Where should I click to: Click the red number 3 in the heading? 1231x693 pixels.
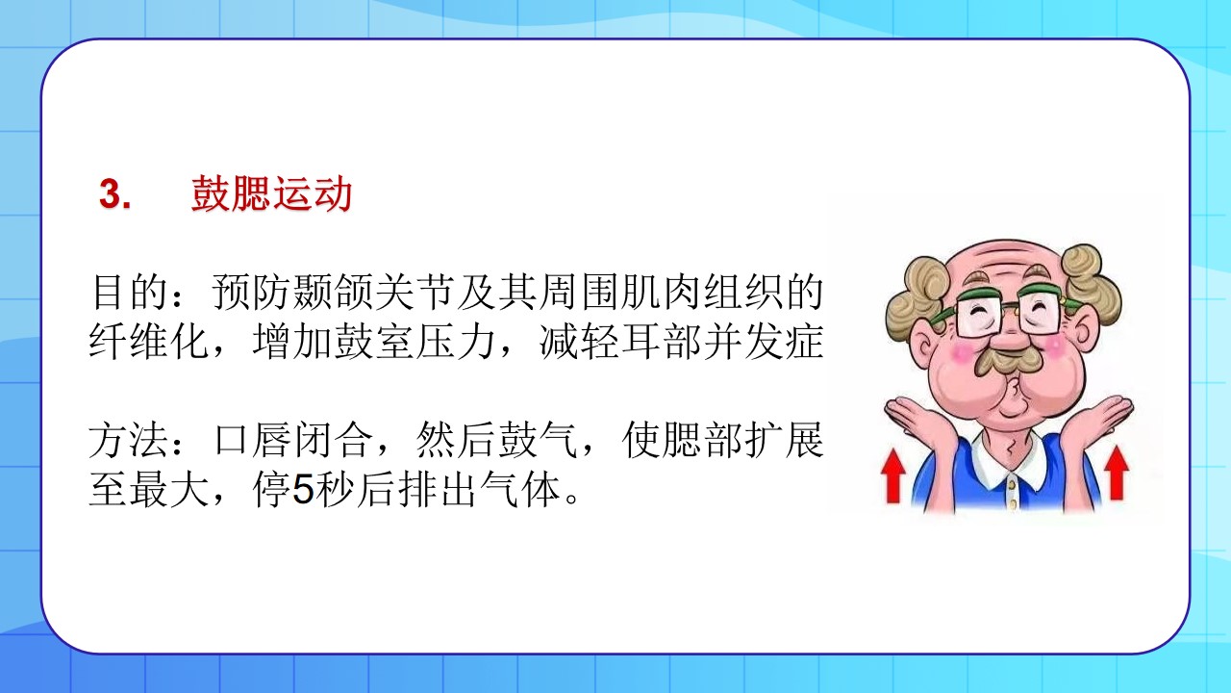tap(112, 194)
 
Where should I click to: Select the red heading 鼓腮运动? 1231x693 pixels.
tap(271, 193)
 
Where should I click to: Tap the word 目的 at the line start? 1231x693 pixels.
tap(130, 292)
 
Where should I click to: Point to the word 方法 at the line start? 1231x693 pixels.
tap(129, 440)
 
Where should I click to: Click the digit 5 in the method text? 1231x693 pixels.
tap(303, 489)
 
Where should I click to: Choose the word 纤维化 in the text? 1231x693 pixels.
tap(149, 342)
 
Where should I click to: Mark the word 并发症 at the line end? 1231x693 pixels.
tap(764, 342)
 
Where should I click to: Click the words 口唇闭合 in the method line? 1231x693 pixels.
tap(293, 440)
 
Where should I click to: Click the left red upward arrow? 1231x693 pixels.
tap(893, 475)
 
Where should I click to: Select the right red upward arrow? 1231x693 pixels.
tap(1117, 473)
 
